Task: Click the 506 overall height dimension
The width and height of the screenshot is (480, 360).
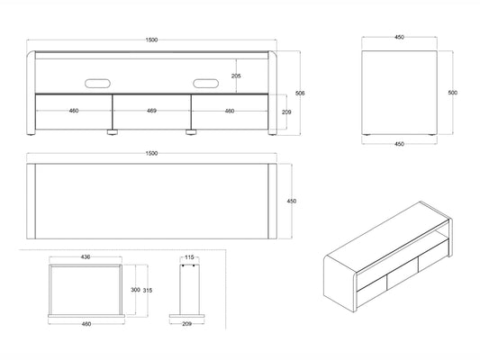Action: (300, 93)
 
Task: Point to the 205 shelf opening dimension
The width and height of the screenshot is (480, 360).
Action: (236, 76)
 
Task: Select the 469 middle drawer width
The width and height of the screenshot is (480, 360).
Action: (151, 111)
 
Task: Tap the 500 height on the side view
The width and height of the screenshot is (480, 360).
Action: (452, 93)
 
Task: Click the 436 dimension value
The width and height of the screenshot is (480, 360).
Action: (86, 257)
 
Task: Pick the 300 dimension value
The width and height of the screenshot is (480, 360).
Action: (135, 290)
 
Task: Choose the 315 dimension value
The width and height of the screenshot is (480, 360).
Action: (148, 291)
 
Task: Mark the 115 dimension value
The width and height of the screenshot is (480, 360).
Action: (189, 257)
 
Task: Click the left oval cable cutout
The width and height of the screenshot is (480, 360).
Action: (97, 83)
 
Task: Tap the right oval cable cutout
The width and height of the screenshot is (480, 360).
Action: (205, 83)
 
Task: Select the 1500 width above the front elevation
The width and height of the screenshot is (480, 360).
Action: (151, 40)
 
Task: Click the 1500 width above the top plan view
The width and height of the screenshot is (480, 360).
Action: (151, 153)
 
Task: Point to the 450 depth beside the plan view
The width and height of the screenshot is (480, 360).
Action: (292, 201)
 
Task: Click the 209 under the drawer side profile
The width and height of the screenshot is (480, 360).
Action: (186, 324)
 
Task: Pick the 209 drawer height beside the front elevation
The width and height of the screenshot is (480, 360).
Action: (286, 112)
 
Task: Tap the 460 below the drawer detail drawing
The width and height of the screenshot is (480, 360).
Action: (86, 324)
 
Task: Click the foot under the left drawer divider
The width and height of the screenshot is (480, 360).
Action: (113, 132)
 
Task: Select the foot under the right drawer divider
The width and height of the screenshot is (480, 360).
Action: (191, 132)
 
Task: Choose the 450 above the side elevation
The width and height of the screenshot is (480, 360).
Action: (399, 37)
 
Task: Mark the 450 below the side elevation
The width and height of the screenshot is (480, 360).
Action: (399, 144)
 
